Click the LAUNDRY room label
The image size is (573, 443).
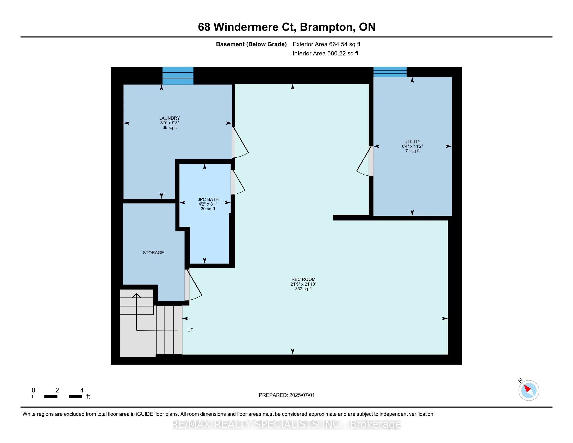tap(170, 118)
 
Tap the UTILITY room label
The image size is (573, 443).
tap(412, 141)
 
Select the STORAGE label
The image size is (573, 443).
tap(153, 253)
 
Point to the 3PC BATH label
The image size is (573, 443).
tap(208, 199)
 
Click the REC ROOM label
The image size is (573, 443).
tap(303, 280)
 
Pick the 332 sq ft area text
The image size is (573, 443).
tap(303, 289)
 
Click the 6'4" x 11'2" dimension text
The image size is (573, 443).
tap(412, 146)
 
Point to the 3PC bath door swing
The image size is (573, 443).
tap(238, 182)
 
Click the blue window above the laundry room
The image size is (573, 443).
tap(178, 76)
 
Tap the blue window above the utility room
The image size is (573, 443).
tap(390, 72)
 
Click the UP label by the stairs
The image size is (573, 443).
tap(190, 330)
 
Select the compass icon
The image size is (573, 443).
tap(528, 390)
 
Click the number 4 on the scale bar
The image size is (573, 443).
tap(82, 390)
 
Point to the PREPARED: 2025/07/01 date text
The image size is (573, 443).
tap(286, 395)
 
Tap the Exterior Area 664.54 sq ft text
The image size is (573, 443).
tap(326, 44)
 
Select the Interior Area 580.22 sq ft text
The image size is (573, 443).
tap(326, 53)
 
